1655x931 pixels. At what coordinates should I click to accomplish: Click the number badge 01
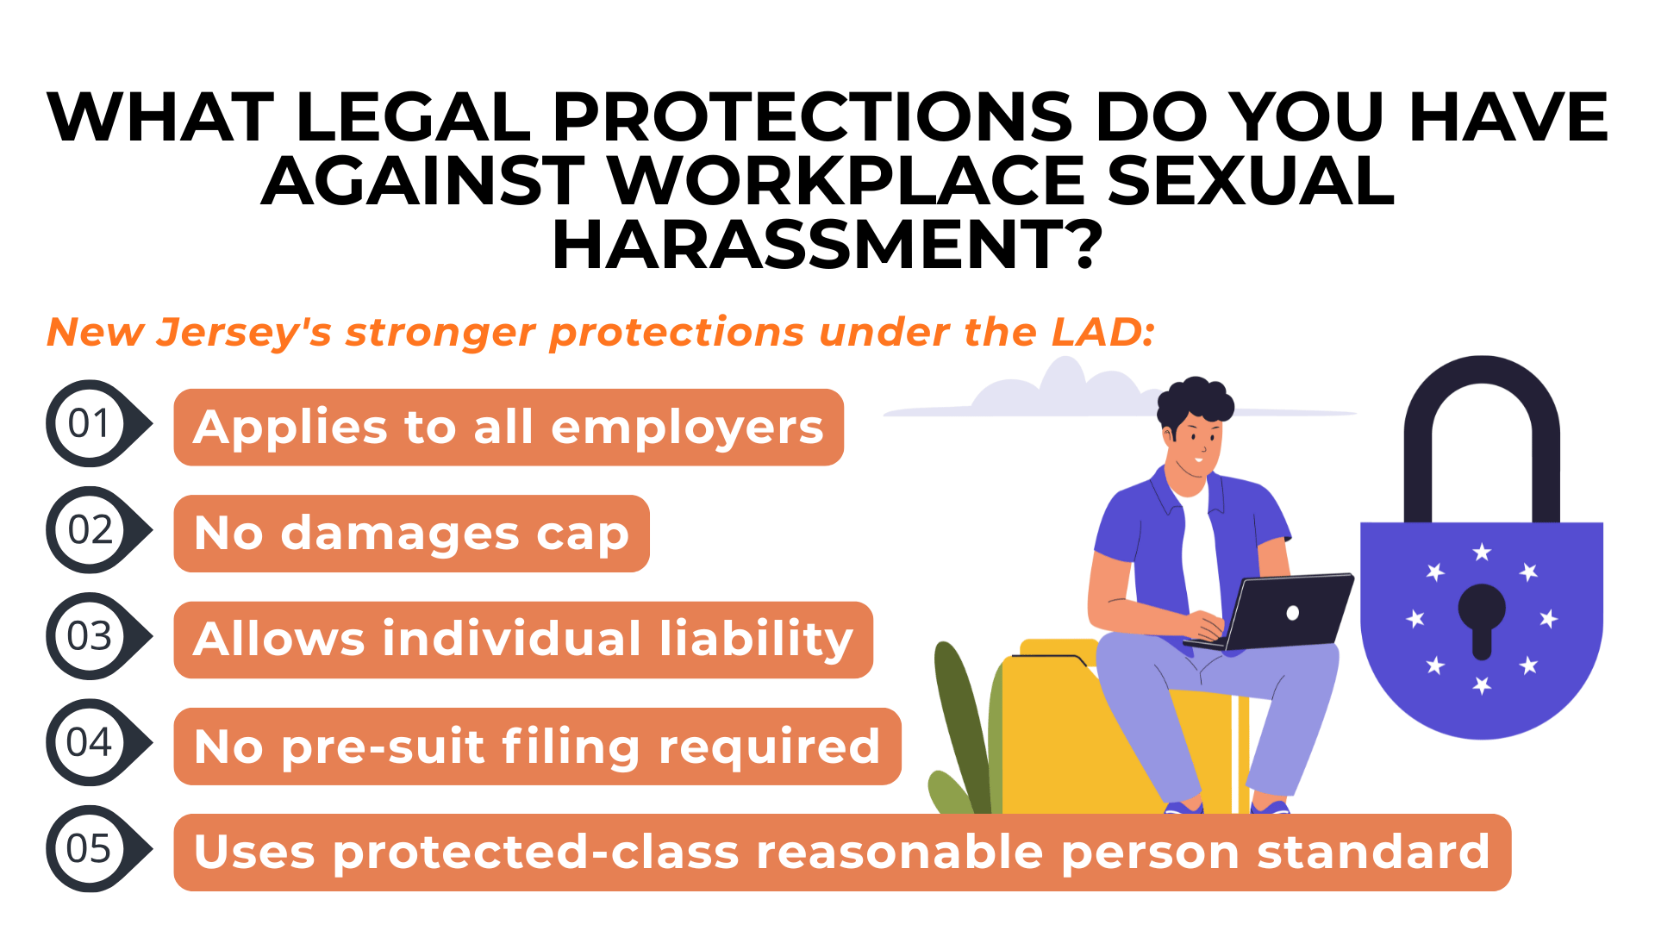click(x=91, y=423)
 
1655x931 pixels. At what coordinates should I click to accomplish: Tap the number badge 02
click(x=91, y=530)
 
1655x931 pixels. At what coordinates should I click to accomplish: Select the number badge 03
click(x=91, y=636)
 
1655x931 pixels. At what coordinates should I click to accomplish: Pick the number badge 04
click(x=91, y=742)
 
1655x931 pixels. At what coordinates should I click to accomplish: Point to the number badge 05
click(x=91, y=849)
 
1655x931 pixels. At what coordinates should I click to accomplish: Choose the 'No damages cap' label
click(x=411, y=534)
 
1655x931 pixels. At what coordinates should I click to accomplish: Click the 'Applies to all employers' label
click(x=509, y=428)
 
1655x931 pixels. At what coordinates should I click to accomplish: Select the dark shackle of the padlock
click(x=1481, y=388)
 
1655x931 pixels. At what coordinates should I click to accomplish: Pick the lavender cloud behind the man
click(x=1060, y=392)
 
